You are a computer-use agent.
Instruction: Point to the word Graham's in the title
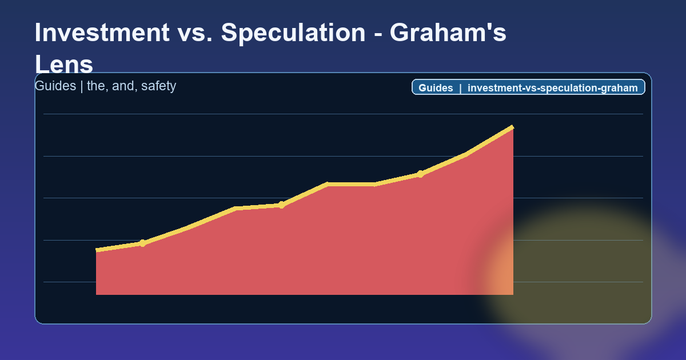click(448, 33)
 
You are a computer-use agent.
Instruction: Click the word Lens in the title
click(63, 64)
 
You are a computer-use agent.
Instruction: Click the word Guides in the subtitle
click(55, 86)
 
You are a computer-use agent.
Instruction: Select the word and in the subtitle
click(121, 86)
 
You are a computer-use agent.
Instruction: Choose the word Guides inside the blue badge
click(436, 88)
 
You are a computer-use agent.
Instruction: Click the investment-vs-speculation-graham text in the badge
click(552, 88)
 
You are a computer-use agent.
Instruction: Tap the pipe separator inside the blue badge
click(460, 88)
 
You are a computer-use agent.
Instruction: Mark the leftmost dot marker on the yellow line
click(142, 243)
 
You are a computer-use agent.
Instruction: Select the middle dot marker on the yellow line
click(281, 205)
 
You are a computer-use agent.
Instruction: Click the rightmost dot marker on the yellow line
click(420, 174)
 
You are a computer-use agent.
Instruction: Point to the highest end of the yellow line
click(512, 127)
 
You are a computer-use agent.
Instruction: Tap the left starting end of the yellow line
click(97, 250)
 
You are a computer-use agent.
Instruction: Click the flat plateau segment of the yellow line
click(351, 184)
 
